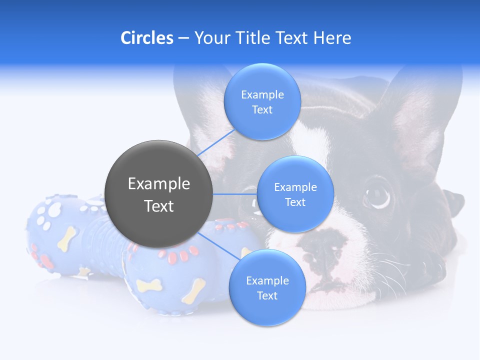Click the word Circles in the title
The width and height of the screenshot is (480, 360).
pos(146,38)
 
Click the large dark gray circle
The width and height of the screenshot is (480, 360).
pos(159,194)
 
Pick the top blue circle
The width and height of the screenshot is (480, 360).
pos(262,101)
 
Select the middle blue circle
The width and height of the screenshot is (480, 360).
pos(295,194)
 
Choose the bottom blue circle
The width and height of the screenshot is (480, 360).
pos(267,287)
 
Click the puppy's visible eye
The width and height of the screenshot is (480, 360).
pos(377,195)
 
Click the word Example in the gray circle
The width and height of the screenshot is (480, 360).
pos(159,184)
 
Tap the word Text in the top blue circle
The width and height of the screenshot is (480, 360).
pos(262,110)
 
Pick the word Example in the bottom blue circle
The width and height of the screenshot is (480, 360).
pos(267,280)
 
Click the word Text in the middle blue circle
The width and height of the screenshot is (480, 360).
pos(295,202)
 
